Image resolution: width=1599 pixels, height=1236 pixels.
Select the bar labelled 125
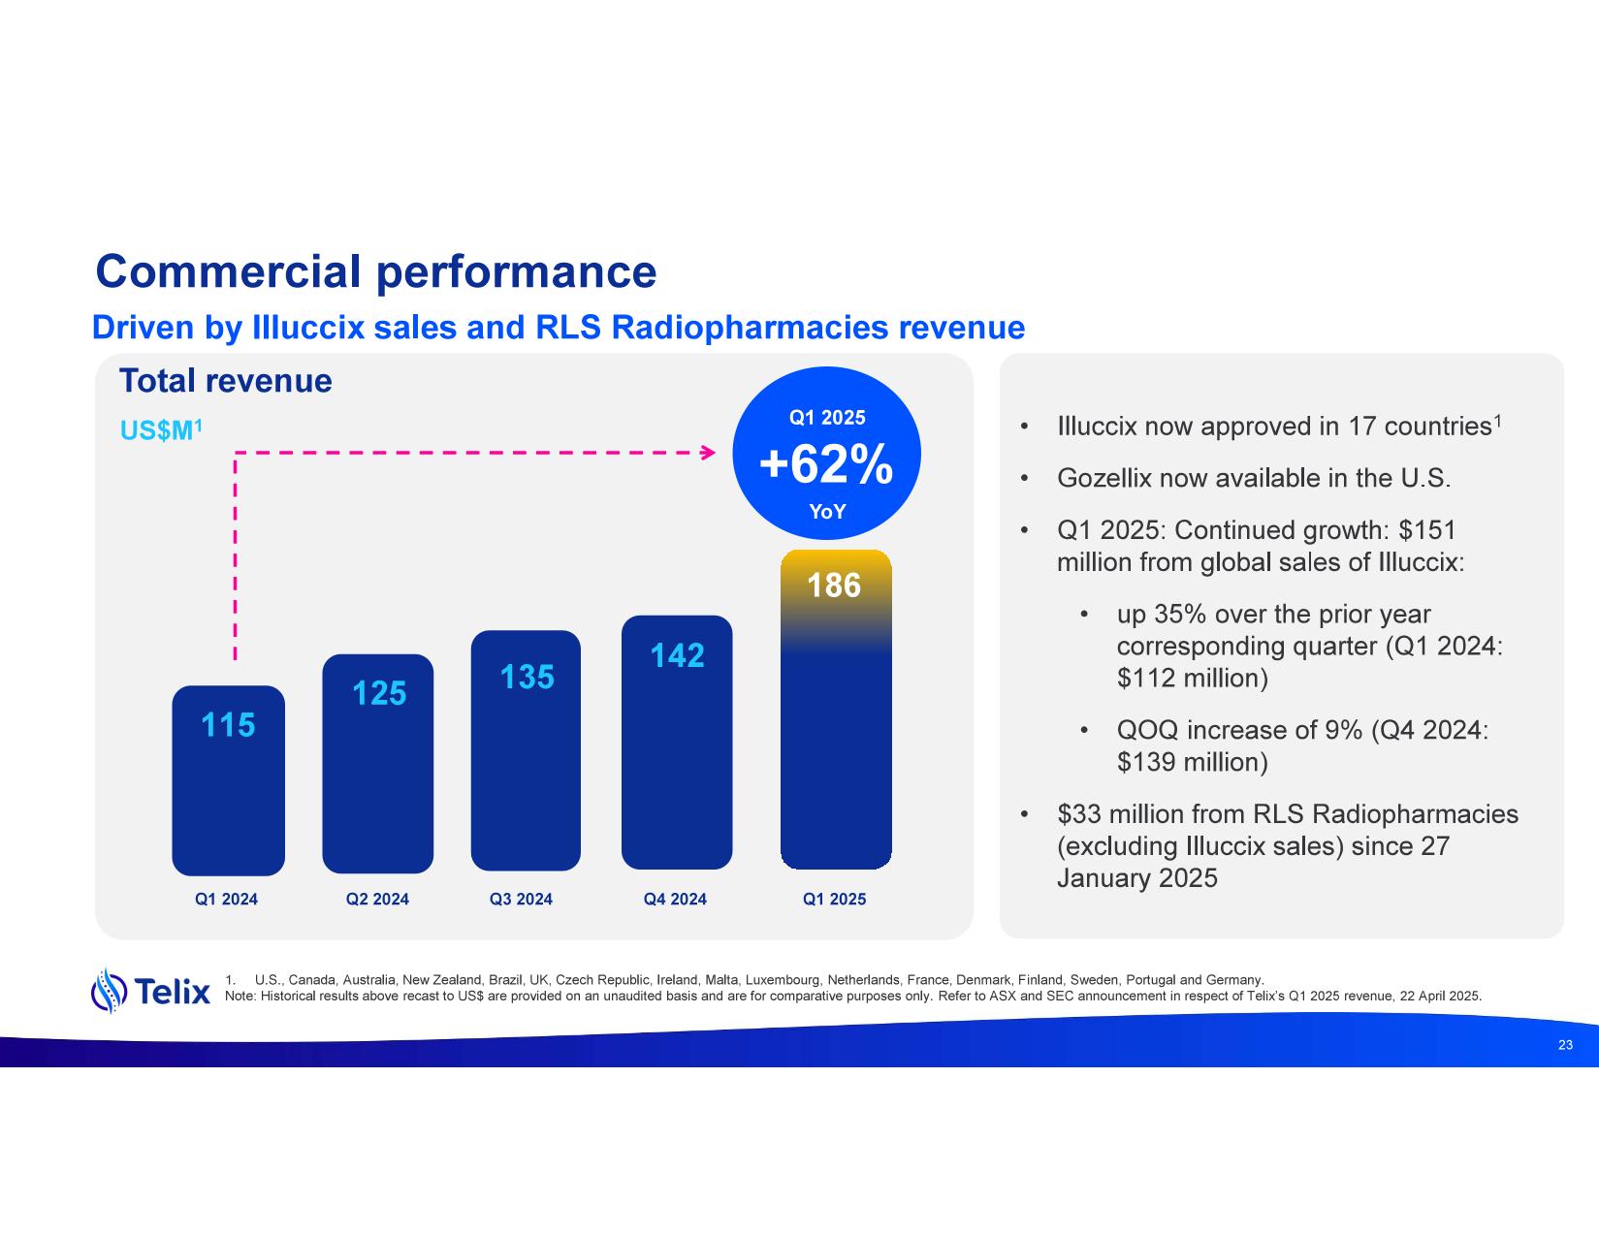click(x=377, y=766)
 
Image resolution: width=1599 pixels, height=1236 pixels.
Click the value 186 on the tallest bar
click(x=835, y=586)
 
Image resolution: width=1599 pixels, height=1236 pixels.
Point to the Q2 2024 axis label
click(x=377, y=900)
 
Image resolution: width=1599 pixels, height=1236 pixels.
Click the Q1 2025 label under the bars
click(x=834, y=900)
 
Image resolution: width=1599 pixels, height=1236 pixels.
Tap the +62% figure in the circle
click(x=826, y=466)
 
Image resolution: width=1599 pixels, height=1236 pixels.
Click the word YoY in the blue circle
click(x=827, y=512)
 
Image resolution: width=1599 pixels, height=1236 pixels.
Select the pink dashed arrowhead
click(x=708, y=452)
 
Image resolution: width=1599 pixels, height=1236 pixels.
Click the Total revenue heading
click(x=225, y=381)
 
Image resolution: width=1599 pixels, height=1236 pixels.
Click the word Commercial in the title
click(x=229, y=272)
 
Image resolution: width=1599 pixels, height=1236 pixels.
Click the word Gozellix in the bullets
click(x=1103, y=478)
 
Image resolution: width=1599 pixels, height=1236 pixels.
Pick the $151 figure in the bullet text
click(x=1427, y=530)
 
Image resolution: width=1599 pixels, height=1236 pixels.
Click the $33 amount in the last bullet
click(x=1078, y=814)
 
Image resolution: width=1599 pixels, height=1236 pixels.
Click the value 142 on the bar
click(x=677, y=656)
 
